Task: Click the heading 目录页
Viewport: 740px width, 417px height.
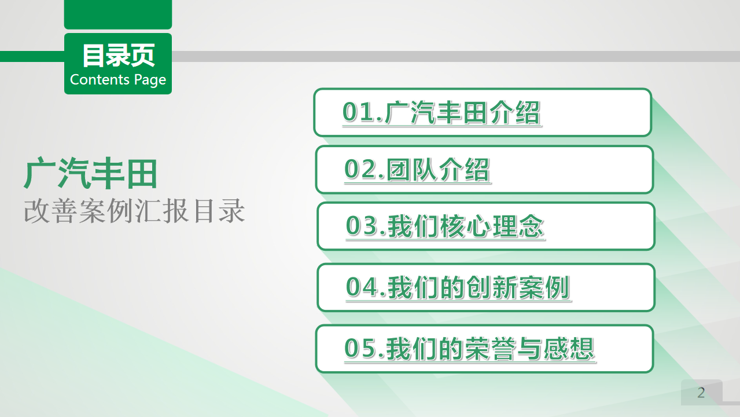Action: pos(118,56)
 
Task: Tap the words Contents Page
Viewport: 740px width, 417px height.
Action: pos(118,80)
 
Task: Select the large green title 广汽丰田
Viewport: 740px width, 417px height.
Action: pos(91,173)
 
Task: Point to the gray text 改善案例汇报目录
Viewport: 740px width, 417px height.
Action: pos(134,211)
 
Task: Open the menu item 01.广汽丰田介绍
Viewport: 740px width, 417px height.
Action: pos(441,113)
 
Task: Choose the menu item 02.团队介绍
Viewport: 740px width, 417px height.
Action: pos(417,170)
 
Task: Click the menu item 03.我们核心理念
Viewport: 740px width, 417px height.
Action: pos(445,226)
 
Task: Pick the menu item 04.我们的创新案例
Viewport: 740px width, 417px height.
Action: pos(458,287)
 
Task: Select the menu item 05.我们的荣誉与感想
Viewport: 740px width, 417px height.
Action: pos(469,349)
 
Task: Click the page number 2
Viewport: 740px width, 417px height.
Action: pos(701,393)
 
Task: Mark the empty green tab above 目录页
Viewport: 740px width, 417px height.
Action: pos(118,14)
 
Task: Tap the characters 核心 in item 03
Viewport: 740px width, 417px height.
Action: pos(466,226)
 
